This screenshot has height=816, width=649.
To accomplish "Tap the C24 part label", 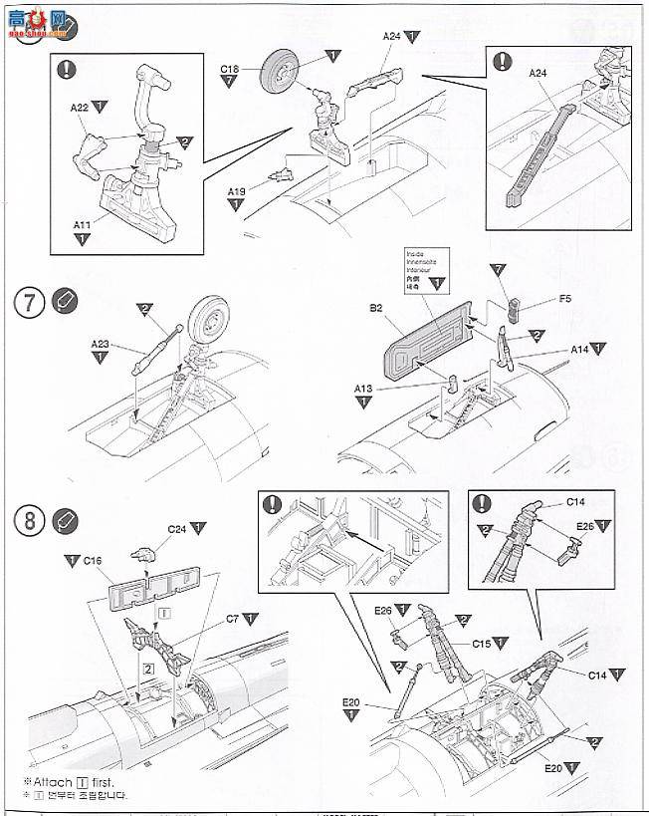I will pos(177,528).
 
